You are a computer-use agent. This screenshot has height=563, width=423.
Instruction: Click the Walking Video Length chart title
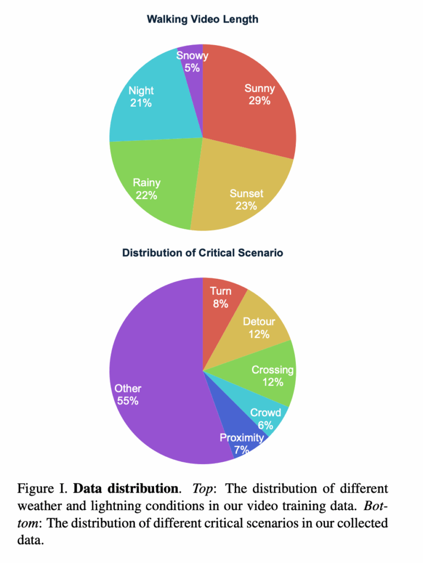coord(202,20)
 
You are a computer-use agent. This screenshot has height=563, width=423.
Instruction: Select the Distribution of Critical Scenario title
coord(202,253)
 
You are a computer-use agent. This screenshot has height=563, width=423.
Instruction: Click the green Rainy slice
coord(154,176)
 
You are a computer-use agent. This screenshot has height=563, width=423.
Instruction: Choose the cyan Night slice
coord(149,110)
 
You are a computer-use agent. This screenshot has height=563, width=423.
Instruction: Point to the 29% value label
coord(259,101)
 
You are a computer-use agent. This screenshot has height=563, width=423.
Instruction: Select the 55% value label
coord(128,401)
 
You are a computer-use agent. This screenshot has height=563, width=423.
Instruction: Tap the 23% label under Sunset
coord(246,206)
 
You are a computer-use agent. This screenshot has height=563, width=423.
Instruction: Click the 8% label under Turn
coord(221,303)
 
